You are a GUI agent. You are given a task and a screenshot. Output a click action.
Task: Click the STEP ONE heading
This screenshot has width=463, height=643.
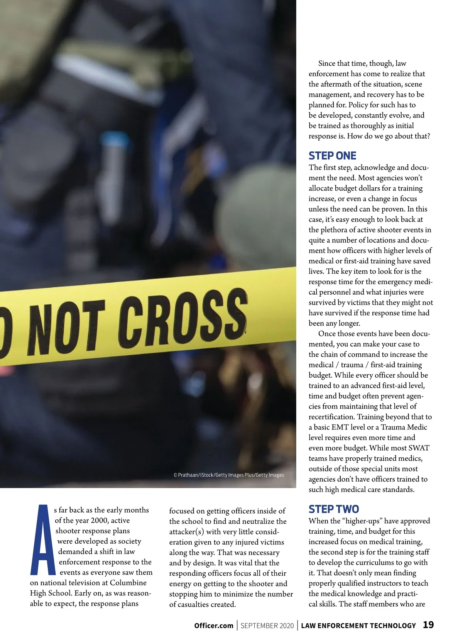point(332,156)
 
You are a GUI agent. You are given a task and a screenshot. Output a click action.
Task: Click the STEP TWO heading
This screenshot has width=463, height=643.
point(333,509)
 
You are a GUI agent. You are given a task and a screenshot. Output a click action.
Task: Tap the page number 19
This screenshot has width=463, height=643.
point(428,625)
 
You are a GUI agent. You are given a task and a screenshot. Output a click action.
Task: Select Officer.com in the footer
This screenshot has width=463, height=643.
point(214,626)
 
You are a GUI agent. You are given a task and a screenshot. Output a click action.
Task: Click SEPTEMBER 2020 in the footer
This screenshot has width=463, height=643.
point(267,626)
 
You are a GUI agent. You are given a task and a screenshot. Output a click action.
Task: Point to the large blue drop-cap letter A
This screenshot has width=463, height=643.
point(42,540)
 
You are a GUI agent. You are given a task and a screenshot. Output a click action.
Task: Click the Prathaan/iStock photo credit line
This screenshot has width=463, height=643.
point(228,475)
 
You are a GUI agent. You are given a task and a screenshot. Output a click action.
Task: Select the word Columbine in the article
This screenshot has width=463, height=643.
point(128,583)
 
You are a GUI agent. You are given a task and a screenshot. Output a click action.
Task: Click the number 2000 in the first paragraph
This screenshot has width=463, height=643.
point(99,521)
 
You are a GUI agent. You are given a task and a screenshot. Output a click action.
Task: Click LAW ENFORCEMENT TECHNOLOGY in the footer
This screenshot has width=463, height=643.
point(358,626)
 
